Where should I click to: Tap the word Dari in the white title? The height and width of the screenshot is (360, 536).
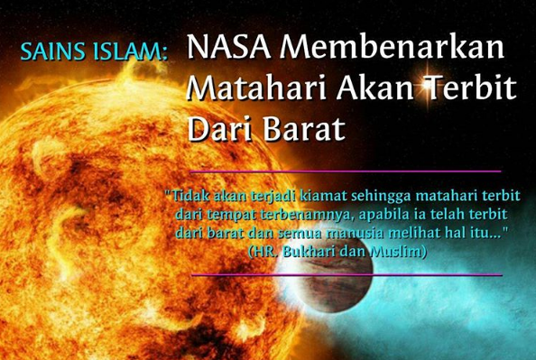(x=216, y=128)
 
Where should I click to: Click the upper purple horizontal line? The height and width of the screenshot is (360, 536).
(x=346, y=171)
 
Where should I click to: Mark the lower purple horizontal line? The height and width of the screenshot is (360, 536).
(x=346, y=274)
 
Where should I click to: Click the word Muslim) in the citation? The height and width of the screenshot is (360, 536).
(x=399, y=252)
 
